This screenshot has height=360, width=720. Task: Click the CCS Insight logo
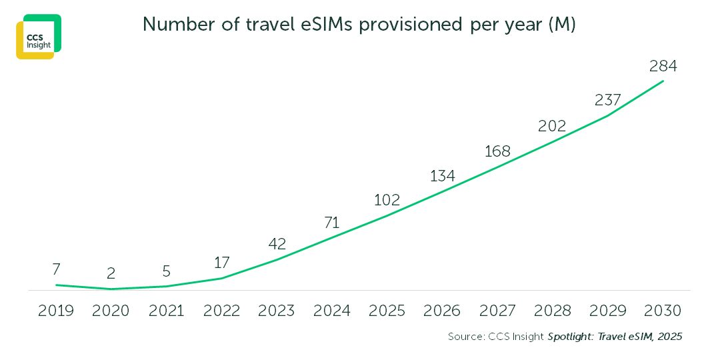point(39,37)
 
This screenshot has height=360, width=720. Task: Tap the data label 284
point(663,66)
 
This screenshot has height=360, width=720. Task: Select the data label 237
point(607,100)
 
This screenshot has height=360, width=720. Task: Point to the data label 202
point(552,125)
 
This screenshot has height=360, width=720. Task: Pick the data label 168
point(497,151)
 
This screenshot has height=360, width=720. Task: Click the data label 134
point(442,176)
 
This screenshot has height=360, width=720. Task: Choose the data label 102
point(387,199)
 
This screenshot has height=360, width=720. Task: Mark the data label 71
point(332,222)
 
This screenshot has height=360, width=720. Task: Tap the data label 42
point(277,243)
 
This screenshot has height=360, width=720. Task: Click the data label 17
point(221,263)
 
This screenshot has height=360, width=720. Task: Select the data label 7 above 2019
point(56,269)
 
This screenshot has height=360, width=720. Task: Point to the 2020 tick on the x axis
point(111,311)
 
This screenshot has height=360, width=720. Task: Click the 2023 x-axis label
point(277,311)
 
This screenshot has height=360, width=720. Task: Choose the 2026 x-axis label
point(442,311)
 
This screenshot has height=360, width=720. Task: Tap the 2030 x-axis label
point(663,311)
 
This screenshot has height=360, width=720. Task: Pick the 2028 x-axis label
point(552,311)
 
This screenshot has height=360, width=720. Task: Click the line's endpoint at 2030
point(663,81)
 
